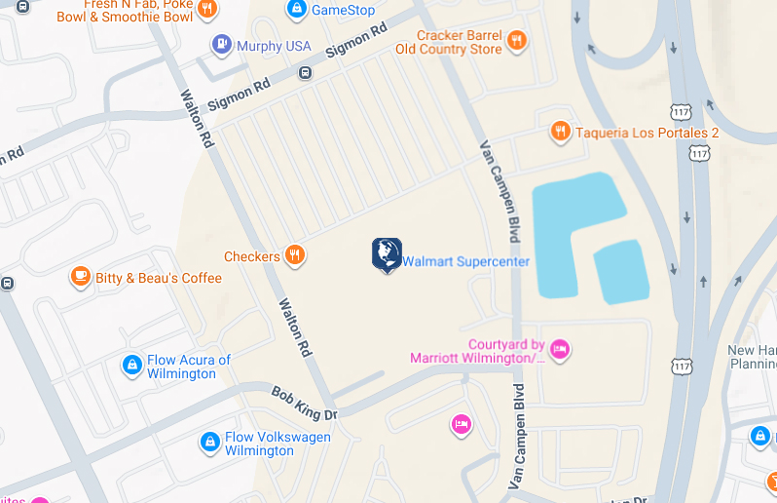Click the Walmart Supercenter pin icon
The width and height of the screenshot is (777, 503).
[x=387, y=253]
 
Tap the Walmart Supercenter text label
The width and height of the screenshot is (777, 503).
[x=466, y=262]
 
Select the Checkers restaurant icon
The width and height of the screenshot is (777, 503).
[x=295, y=256]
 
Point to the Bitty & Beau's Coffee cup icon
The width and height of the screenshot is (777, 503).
[x=81, y=278]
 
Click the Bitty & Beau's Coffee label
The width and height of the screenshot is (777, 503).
[x=159, y=278]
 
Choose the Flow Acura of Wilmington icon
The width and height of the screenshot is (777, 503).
[x=131, y=365]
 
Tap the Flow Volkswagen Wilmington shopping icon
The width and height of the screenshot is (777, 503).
[x=208, y=443]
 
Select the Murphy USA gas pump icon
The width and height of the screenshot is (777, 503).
[x=222, y=45]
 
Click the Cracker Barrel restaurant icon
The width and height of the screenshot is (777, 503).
[x=516, y=41]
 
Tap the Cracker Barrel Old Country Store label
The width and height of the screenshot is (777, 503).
[x=449, y=42]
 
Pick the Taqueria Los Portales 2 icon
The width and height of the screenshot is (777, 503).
[x=560, y=132]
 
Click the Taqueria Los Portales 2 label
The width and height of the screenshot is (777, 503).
[x=647, y=133]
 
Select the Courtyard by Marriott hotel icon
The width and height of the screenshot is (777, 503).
[x=559, y=349]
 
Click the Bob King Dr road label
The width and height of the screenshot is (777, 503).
[x=303, y=403]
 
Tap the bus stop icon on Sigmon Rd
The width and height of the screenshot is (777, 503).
[x=306, y=72]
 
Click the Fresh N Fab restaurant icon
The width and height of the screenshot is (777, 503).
[x=205, y=10]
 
